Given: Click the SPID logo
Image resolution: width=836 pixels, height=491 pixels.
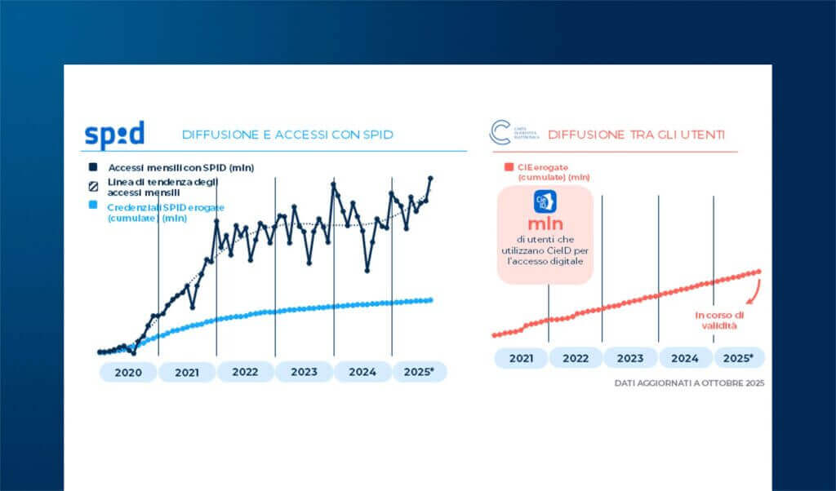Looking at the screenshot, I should click(x=114, y=134).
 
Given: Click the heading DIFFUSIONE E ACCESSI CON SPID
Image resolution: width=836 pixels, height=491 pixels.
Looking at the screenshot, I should click(x=287, y=135).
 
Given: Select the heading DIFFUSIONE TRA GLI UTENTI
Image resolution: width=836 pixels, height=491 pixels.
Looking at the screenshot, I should click(x=636, y=135).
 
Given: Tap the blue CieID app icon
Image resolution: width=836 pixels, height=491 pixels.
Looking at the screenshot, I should click(x=545, y=201).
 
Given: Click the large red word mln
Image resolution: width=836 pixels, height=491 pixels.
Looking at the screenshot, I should click(x=545, y=224).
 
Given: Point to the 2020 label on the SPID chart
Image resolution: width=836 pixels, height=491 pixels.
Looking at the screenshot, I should click(x=128, y=372).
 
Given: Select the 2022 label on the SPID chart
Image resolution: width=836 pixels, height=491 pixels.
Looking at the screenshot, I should click(x=245, y=372).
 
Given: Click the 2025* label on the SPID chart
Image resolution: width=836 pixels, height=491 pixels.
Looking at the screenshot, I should click(x=419, y=372).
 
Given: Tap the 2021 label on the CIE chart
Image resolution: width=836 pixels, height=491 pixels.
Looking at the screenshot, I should click(x=521, y=358).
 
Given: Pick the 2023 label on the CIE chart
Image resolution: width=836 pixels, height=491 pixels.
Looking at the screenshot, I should click(x=629, y=358).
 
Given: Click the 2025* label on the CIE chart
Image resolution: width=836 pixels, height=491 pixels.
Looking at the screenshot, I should click(x=739, y=358).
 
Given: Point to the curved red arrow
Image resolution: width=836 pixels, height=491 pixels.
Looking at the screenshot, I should click(x=756, y=290).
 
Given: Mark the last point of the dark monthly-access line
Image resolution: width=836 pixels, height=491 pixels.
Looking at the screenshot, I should click(x=430, y=178).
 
